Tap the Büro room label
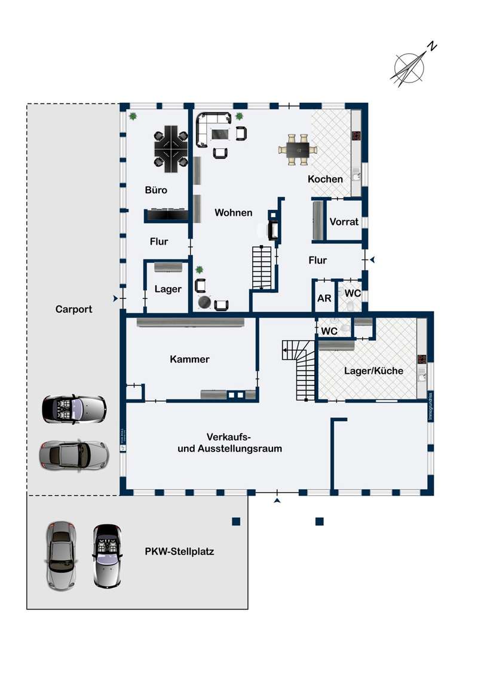point(156,190)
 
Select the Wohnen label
point(234,212)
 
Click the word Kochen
point(325,179)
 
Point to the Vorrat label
point(344,221)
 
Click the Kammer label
point(189,359)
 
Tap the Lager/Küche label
point(373,371)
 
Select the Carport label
point(73,309)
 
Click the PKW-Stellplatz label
point(179,551)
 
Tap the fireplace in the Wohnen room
point(274,228)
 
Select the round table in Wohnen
point(205,303)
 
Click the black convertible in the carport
point(73,409)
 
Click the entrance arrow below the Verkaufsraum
point(277,499)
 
